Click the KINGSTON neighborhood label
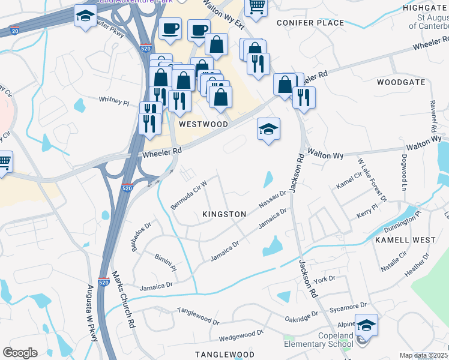(x=224, y=214)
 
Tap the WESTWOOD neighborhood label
(x=203, y=124)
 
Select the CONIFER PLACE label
(x=310, y=23)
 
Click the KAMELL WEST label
(x=405, y=240)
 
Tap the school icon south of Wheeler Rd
(x=268, y=128)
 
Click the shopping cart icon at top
(x=256, y=7)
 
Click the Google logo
(x=20, y=353)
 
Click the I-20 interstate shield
(x=15, y=30)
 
